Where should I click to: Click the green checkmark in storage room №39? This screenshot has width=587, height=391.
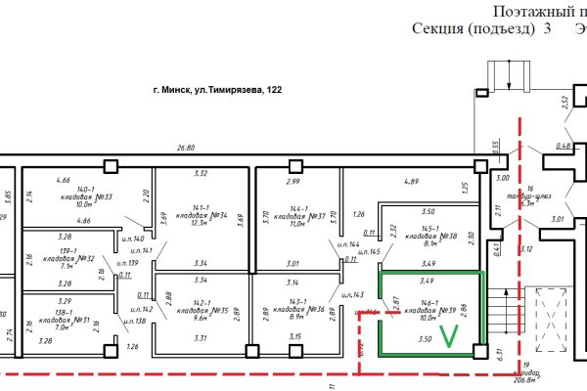(x=449, y=337)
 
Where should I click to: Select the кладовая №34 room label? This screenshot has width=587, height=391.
(x=203, y=216)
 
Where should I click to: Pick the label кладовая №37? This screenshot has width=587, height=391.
(x=300, y=216)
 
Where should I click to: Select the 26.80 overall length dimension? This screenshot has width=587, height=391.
(x=186, y=148)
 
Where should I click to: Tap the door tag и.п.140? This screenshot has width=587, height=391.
(x=132, y=239)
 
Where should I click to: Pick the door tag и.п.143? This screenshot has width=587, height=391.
(x=352, y=294)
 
